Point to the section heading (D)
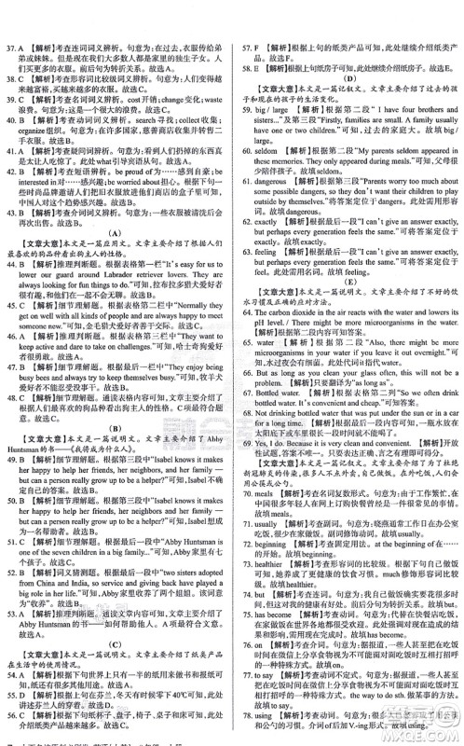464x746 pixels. (x=348, y=79)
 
